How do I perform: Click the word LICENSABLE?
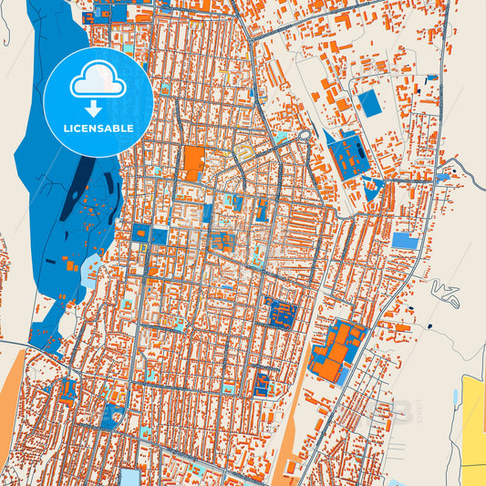coord(98,129)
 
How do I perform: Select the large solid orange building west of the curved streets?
coord(193,162)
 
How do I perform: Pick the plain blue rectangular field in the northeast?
coord(370,102)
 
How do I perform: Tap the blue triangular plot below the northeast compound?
coord(372,191)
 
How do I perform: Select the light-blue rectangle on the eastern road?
coord(405,241)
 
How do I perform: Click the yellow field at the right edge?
coord(474,419)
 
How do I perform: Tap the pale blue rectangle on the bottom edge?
coord(130,478)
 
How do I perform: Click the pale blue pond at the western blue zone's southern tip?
coord(91,268)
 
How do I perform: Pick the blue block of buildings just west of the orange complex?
coord(280,314)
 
